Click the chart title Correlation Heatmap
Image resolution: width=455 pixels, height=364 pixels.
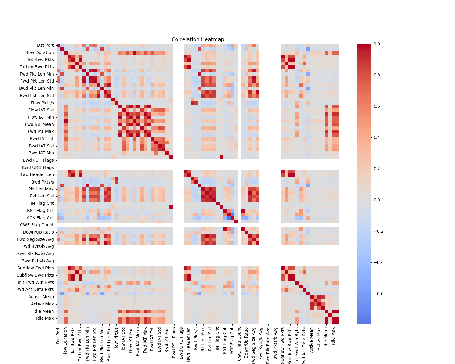pyautogui.click(x=198, y=39)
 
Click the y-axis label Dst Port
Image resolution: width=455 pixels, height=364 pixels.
pyautogui.click(x=45, y=45)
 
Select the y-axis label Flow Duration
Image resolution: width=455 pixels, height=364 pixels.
pyautogui.click(x=39, y=52)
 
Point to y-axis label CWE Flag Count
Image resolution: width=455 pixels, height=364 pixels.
pyautogui.click(x=37, y=225)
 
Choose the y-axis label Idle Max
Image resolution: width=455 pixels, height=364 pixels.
pyautogui.click(x=45, y=318)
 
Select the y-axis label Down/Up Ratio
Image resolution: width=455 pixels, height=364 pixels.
pyautogui.click(x=38, y=232)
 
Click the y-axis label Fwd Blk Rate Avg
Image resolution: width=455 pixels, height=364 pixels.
pyautogui.click(x=35, y=254)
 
